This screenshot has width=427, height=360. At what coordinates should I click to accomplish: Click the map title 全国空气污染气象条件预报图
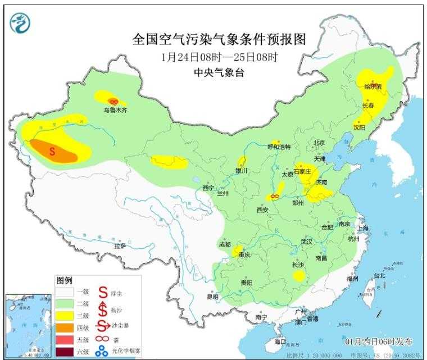[x=220, y=39]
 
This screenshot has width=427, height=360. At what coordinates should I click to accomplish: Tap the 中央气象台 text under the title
[x=220, y=72]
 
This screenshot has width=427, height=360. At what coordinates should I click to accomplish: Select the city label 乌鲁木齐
[x=115, y=111]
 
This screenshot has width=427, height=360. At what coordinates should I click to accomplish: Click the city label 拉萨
[x=120, y=245]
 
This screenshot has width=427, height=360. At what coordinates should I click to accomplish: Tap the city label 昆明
[x=212, y=296]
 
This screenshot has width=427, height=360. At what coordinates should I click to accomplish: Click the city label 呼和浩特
[x=279, y=147]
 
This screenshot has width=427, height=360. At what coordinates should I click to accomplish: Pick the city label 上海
[x=362, y=228]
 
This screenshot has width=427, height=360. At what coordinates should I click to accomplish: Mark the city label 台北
[x=380, y=276]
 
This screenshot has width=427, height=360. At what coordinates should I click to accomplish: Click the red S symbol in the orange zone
[x=52, y=151]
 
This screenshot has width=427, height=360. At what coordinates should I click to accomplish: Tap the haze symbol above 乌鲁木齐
[x=114, y=101]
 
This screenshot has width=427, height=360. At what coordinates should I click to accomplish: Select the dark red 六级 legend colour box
[x=65, y=353]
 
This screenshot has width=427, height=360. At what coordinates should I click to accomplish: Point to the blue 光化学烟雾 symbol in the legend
[x=102, y=353]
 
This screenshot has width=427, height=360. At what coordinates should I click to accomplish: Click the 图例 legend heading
[x=64, y=280]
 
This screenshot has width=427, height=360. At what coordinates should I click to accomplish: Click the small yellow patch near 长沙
[x=300, y=276]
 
